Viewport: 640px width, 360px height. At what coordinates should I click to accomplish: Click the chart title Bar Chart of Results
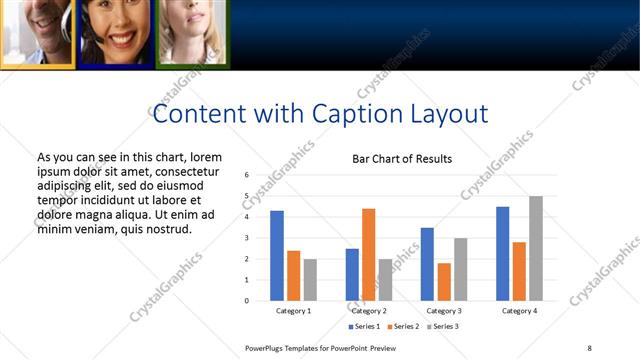402,159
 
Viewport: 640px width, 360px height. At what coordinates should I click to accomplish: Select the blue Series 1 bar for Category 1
277,256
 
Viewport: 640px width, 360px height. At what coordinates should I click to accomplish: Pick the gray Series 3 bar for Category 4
536,248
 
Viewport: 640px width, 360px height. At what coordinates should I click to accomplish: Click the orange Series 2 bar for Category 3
444,282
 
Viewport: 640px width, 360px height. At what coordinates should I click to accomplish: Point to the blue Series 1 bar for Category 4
502,254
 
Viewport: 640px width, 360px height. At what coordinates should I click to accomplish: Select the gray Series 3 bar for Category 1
310,280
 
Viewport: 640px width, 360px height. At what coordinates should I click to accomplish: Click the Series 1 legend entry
364,327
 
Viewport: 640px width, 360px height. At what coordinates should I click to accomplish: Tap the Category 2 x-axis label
369,311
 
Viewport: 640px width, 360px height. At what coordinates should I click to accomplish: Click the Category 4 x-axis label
519,311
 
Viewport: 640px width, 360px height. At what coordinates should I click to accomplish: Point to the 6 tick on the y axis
247,175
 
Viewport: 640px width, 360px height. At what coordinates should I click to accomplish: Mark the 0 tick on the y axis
247,301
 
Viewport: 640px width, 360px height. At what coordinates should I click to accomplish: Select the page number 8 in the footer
589,348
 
